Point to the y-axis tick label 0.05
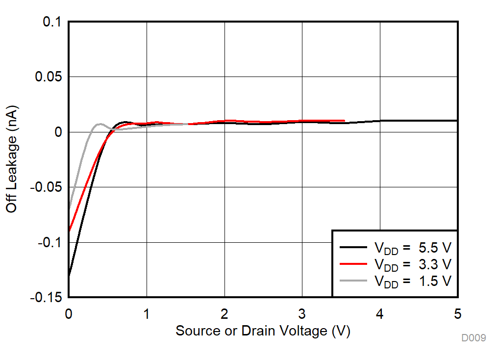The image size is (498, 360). click(49, 77)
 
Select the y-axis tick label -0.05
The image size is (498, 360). click(47, 187)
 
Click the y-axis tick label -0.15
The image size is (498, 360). click(47, 297)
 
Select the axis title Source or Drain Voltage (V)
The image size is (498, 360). click(263, 331)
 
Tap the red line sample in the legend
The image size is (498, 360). click(353, 264)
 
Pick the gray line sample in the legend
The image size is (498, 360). click(353, 281)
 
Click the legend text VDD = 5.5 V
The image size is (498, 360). click(413, 248)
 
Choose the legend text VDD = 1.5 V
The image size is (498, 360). click(413, 281)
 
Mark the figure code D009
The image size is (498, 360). click(473, 338)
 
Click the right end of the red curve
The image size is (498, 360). click(344, 121)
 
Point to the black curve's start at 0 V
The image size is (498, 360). click(69, 275)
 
